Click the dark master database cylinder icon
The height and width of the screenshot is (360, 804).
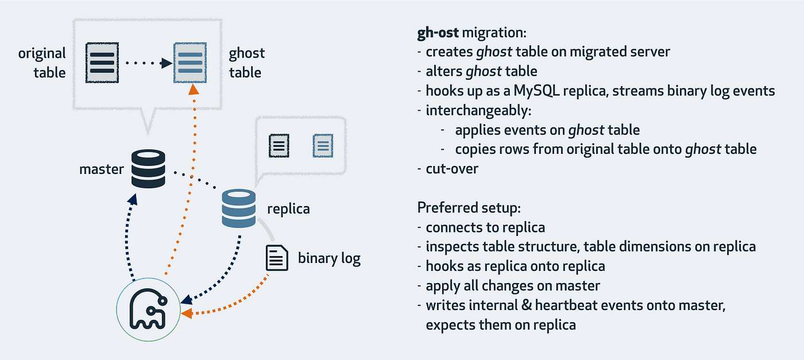[148, 169]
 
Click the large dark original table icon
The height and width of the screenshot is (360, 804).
[102, 62]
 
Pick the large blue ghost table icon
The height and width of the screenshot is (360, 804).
[190, 62]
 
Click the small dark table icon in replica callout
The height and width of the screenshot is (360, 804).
[280, 146]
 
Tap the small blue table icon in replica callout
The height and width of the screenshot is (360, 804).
[322, 146]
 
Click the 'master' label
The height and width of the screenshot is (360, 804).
[102, 169]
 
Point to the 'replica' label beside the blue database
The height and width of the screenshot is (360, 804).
[288, 208]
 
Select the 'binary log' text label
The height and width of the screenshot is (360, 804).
[329, 258]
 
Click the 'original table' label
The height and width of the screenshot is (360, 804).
[42, 63]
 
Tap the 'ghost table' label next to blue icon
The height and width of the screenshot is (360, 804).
[246, 63]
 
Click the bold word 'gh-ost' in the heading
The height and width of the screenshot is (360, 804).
[438, 32]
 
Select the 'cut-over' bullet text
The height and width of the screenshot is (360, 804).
[451, 169]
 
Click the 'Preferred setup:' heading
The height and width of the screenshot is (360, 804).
[469, 207]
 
